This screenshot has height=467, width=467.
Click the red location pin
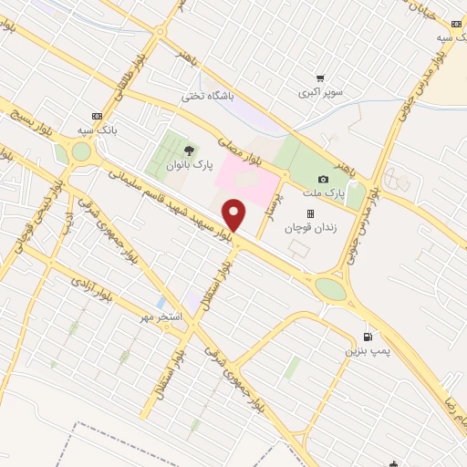click(235, 216)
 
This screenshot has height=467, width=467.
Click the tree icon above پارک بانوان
click(189, 150)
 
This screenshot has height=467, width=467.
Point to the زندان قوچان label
click(309, 229)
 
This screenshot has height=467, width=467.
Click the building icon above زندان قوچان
click(309, 214)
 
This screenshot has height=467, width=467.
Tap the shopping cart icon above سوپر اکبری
click(320, 78)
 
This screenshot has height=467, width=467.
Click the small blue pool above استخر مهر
click(161, 301)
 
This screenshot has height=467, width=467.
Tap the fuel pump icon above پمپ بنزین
click(368, 335)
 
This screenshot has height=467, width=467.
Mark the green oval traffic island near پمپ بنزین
click(330, 288)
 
